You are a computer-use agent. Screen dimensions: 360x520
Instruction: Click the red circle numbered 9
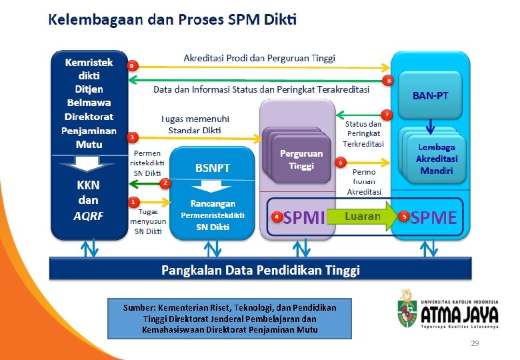[133, 66]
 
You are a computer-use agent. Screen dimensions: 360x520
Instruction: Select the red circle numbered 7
[386, 115]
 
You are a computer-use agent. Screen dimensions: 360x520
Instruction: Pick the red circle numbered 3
[133, 137]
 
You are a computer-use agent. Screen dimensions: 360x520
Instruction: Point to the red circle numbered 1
[133, 201]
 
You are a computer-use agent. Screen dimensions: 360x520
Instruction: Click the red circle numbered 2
[165, 182]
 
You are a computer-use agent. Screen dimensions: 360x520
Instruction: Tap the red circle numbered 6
[341, 162]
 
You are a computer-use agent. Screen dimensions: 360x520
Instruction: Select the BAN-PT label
[430, 96]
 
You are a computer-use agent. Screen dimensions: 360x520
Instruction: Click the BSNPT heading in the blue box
[212, 169]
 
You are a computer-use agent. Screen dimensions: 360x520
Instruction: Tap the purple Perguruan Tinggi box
[301, 159]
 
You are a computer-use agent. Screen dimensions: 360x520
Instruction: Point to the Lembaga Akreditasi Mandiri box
[435, 159]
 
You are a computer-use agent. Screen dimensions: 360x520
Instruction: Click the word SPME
[433, 217]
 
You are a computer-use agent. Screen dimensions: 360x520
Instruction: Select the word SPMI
[304, 217]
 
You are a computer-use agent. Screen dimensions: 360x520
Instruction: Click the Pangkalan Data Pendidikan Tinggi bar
[261, 270]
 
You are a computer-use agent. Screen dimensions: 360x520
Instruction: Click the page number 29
[475, 343]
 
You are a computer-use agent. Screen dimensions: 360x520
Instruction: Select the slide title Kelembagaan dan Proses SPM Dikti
[172, 19]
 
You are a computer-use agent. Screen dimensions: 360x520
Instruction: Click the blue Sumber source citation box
[229, 319]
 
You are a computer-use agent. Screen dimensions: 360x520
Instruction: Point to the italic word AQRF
[88, 215]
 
